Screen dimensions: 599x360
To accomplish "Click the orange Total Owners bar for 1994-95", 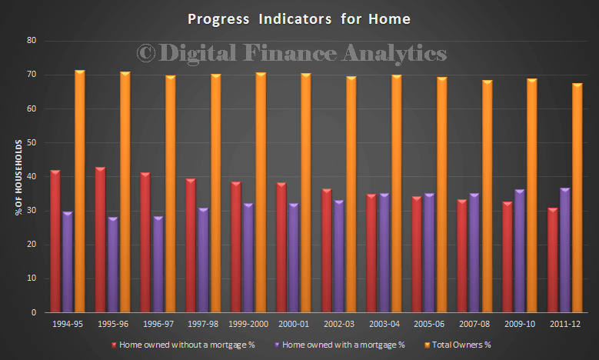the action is point(79,191).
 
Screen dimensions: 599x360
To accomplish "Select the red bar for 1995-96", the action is point(101,240).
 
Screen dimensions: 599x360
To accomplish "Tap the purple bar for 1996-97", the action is point(158,264).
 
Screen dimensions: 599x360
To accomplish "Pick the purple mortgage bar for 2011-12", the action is point(565,250).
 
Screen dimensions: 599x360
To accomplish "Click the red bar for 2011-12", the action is point(553,260).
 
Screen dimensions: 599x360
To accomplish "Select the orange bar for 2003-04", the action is point(397,193).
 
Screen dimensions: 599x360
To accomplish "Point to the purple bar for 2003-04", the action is point(384,252).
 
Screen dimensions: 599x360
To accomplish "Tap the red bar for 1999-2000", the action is point(236,247).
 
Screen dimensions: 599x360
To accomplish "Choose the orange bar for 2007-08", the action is point(487,196).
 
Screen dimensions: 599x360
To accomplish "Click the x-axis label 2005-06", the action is point(429,324).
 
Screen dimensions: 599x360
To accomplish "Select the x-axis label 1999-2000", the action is point(248,324).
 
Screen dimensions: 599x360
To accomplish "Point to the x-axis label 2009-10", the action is point(520,324).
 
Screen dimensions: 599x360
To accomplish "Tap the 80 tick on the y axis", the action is point(32,41).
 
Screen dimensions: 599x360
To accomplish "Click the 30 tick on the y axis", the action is point(32,211).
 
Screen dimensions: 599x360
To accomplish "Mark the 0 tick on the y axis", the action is point(34,312).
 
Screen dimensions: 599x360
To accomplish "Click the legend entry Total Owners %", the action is point(458,345).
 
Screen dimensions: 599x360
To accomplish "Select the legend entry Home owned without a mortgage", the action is point(183,345).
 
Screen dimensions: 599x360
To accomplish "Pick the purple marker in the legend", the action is point(277,345).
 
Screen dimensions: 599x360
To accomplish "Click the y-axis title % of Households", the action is point(18,178).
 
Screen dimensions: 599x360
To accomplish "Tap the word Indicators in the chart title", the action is point(295,19).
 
